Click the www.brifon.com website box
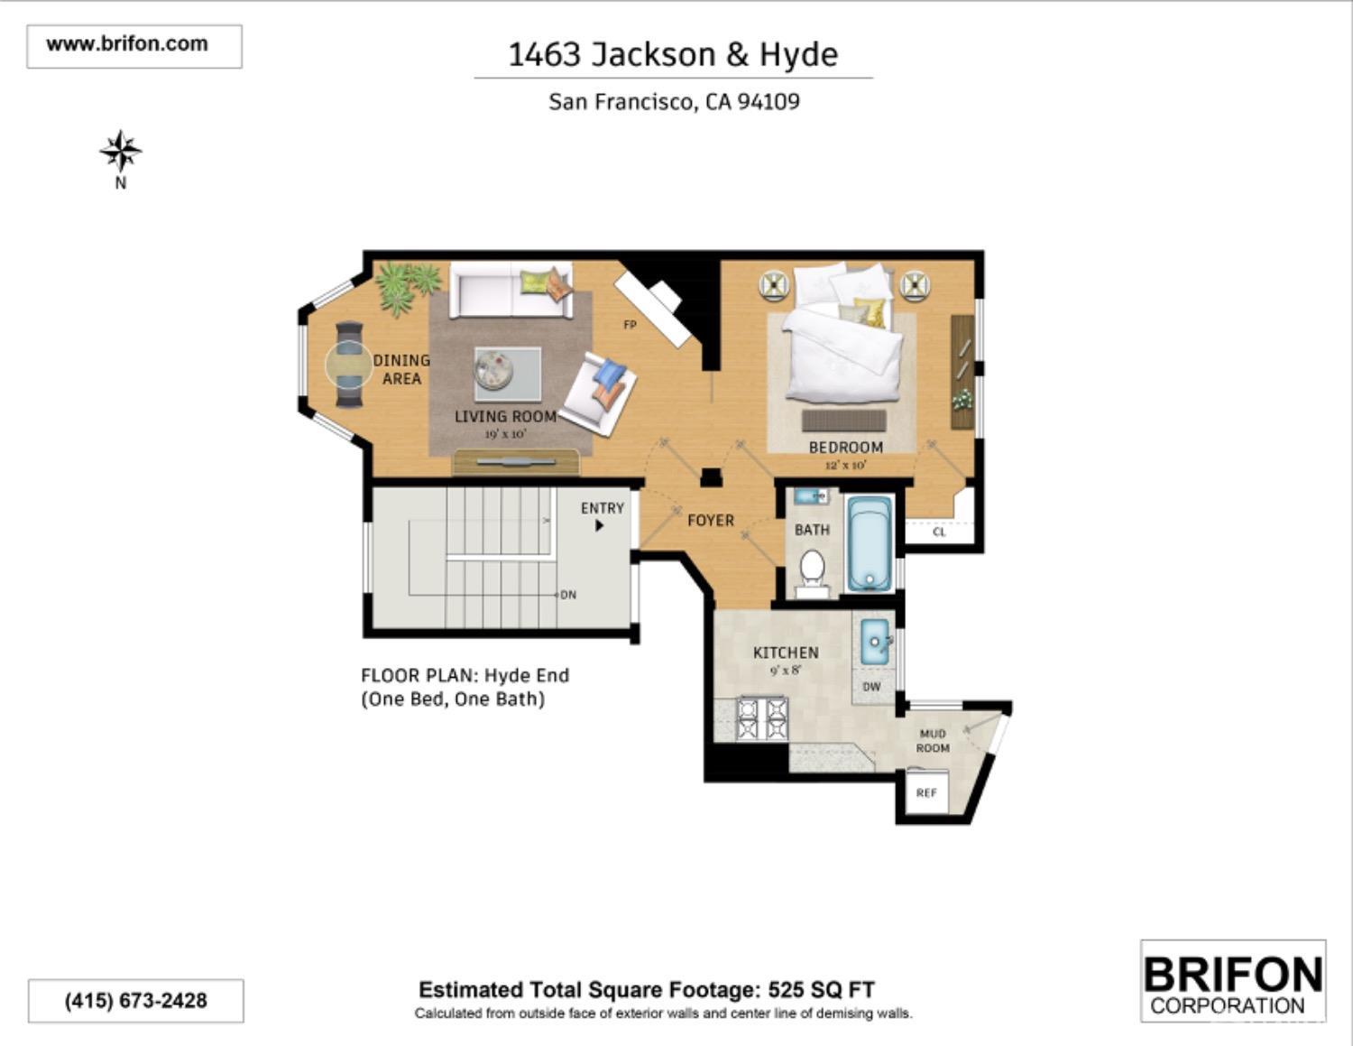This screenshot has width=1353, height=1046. [134, 45]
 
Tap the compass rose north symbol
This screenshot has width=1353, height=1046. [120, 152]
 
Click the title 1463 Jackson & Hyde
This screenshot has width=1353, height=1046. [673, 55]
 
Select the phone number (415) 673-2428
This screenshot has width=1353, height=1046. [135, 1001]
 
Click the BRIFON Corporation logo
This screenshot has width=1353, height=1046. [1232, 982]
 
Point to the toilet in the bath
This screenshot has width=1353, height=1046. [812, 569]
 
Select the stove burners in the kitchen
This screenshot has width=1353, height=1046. [762, 719]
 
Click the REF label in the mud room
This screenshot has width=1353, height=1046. [925, 793]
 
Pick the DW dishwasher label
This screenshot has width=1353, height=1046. [871, 687]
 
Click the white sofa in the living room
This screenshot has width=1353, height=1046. [511, 291]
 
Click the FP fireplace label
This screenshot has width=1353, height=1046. [630, 325]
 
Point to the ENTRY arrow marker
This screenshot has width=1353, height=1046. [600, 525]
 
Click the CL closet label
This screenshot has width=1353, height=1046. [939, 532]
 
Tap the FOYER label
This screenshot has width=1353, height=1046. [711, 521]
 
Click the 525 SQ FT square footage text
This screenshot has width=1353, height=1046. [821, 990]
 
